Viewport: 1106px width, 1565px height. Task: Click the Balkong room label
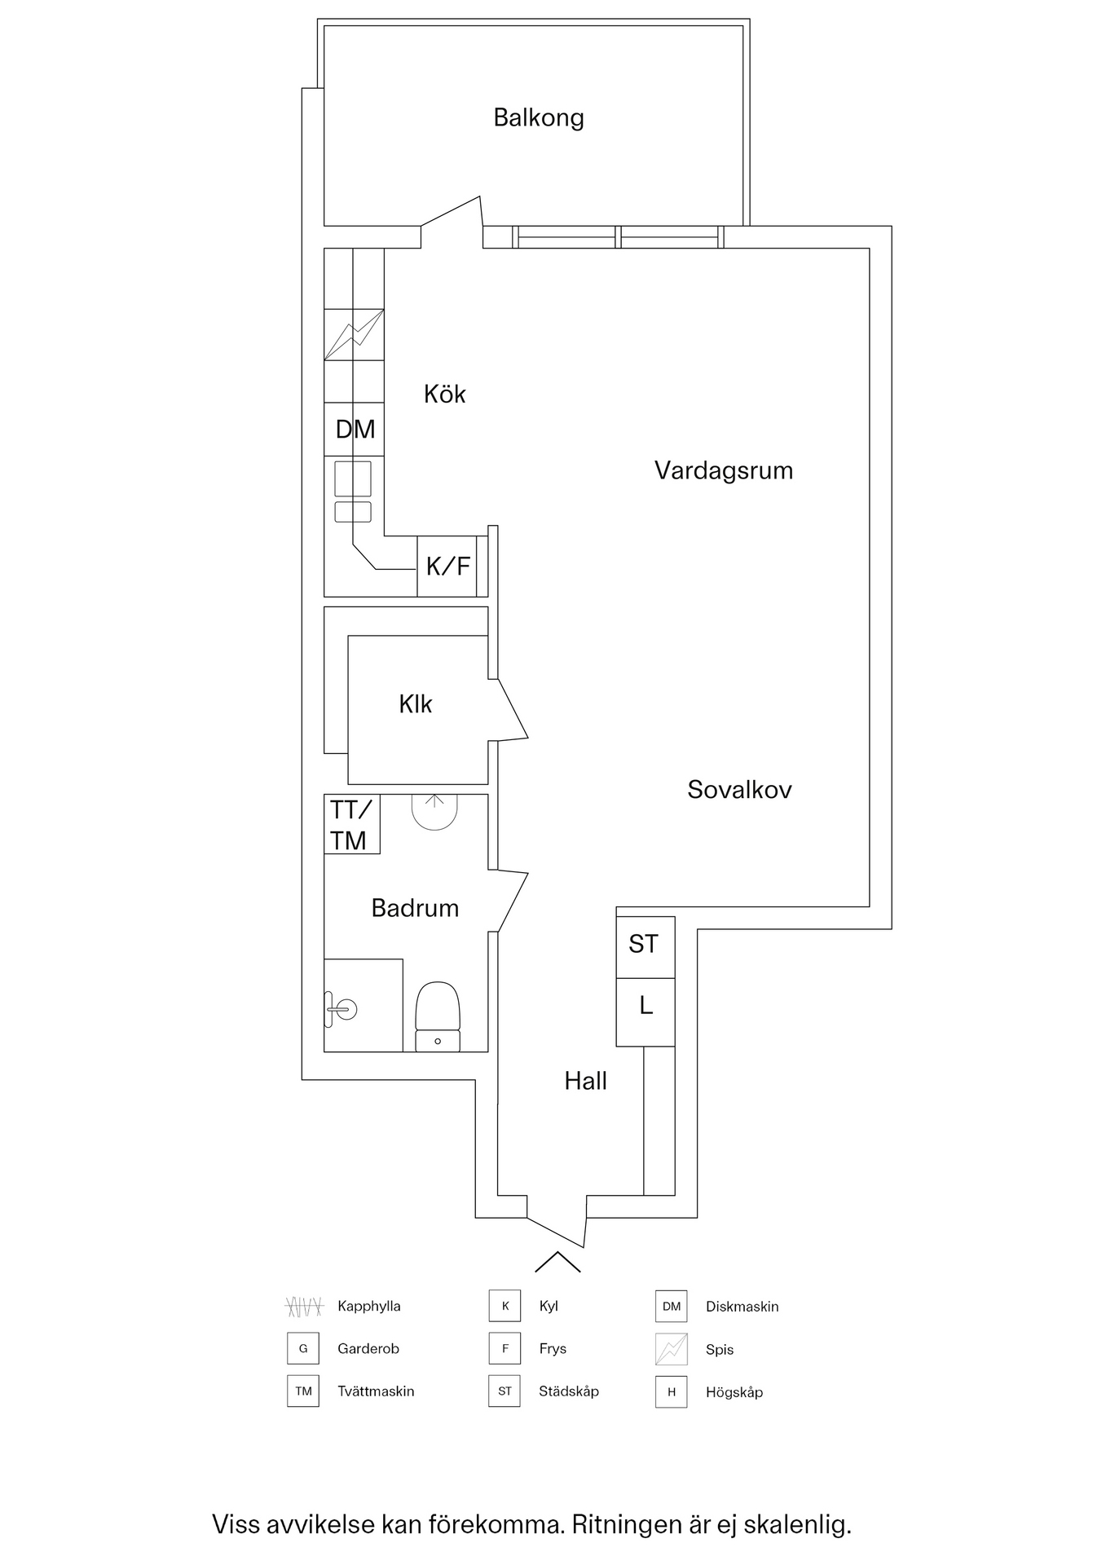coord(539,118)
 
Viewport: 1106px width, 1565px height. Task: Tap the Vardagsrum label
coord(724,471)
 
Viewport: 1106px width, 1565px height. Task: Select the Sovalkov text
coord(739,790)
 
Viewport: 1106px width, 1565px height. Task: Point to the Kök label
coord(444,395)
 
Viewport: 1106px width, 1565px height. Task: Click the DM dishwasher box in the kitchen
coord(355,430)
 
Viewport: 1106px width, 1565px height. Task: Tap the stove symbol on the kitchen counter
coord(354,335)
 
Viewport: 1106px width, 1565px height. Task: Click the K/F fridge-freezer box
coord(447,566)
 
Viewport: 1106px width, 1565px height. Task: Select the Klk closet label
coord(415,704)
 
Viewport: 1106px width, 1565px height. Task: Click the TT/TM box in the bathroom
coord(351,825)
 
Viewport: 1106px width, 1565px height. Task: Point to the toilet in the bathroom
coord(438,1016)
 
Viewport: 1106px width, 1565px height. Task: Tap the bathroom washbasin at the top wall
coord(434,810)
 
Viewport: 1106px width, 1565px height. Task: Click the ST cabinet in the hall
coord(644,946)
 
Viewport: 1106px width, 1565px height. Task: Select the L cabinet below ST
coord(646,1007)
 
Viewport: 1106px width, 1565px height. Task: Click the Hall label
coord(585,1082)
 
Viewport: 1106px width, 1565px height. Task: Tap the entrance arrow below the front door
coord(557,1262)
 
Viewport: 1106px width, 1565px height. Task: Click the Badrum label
coord(415,908)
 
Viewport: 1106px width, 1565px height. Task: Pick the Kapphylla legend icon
coord(304,1307)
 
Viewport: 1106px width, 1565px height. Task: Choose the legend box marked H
coord(671,1392)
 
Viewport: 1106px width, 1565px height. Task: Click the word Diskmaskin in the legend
coord(742,1307)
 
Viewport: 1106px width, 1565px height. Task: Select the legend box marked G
coord(302,1349)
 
